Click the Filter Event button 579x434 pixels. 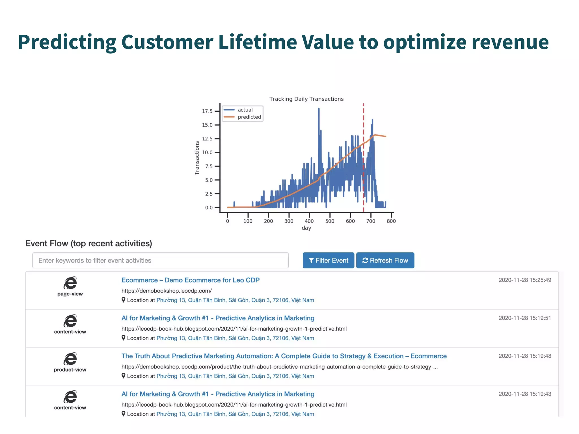pyautogui.click(x=328, y=260)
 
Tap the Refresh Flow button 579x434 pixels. pyautogui.click(x=385, y=260)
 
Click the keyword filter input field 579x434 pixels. pyautogui.click(x=160, y=260)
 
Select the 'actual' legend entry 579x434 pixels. pyautogui.click(x=245, y=110)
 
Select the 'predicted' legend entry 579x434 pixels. pyautogui.click(x=249, y=117)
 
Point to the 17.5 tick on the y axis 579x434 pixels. pyautogui.click(x=207, y=111)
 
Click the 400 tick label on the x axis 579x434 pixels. pyautogui.click(x=309, y=221)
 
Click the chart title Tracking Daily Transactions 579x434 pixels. pyautogui.click(x=306, y=99)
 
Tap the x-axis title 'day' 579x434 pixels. pyautogui.click(x=306, y=228)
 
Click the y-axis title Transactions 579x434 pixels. pyautogui.click(x=197, y=158)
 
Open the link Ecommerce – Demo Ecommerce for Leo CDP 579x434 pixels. pyautogui.click(x=190, y=280)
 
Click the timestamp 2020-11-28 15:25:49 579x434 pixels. pyautogui.click(x=525, y=280)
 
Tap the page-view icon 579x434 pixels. pyautogui.click(x=70, y=283)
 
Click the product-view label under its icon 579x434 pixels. pyautogui.click(x=70, y=370)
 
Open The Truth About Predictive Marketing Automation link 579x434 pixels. pyautogui.click(x=284, y=356)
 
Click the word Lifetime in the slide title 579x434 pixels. pyautogui.click(x=257, y=42)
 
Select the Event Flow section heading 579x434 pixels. pyautogui.click(x=88, y=243)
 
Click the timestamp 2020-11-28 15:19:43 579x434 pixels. pyautogui.click(x=525, y=394)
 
